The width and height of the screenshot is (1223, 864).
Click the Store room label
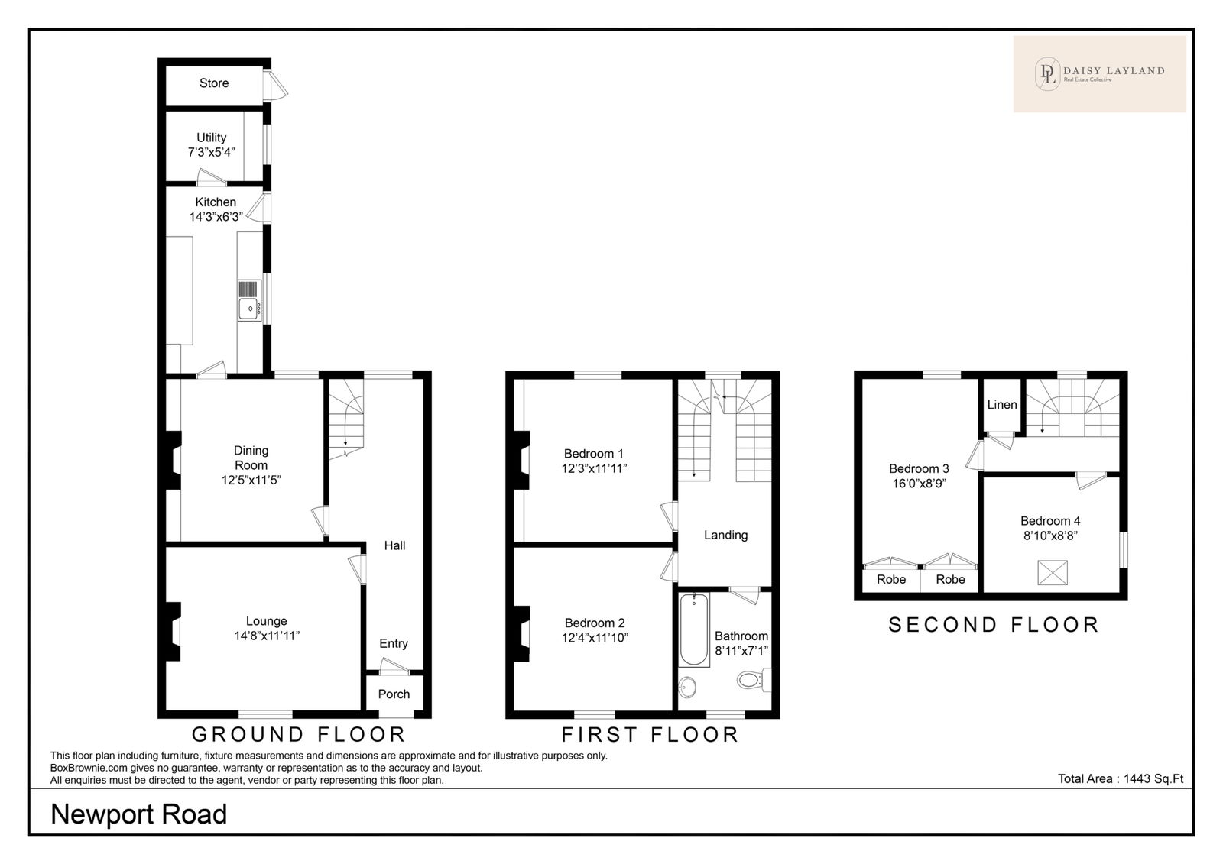214,83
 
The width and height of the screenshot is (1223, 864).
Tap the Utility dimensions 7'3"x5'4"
211,152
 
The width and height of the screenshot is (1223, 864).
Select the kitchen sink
249,309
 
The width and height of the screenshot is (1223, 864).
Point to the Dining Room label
251,458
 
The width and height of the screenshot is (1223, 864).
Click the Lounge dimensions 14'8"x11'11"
267,636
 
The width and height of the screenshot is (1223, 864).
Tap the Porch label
394,694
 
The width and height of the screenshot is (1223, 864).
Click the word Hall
394,545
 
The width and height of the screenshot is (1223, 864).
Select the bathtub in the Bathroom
694,629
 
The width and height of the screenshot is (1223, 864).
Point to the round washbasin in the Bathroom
688,687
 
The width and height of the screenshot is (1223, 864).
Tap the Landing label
725,536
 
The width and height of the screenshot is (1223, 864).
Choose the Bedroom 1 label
593,454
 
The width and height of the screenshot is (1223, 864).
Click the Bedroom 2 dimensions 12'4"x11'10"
595,638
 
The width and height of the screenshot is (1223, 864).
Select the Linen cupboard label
1002,405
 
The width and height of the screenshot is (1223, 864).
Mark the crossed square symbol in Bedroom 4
1052,572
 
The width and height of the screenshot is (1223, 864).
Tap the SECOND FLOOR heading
994,625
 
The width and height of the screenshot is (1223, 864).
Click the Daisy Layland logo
1100,74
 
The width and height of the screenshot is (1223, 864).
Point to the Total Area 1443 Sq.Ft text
1121,779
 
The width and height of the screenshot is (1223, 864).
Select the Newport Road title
138,814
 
